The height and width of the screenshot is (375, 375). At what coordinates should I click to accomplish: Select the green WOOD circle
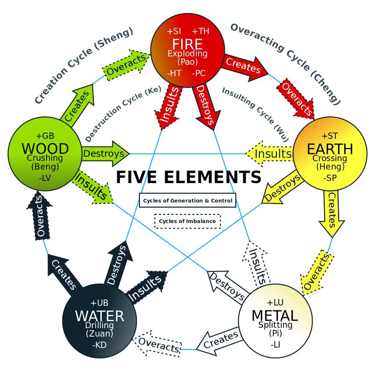click(45, 154)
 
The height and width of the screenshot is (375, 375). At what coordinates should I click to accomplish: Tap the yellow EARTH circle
click(330, 154)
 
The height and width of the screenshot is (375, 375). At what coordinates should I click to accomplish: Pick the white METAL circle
click(275, 321)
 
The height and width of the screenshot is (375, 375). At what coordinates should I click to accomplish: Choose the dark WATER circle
click(99, 321)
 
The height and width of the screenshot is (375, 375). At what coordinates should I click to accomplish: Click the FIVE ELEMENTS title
click(189, 177)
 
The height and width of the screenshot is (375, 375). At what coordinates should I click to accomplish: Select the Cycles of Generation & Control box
click(187, 200)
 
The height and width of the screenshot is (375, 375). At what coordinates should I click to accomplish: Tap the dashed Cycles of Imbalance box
click(187, 221)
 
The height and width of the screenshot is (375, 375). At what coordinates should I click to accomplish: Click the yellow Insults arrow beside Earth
click(271, 153)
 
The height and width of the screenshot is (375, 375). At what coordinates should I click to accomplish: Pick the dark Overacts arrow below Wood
click(40, 217)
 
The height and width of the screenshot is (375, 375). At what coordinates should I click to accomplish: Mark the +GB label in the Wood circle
click(45, 136)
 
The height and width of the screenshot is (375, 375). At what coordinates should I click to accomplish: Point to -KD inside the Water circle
click(99, 345)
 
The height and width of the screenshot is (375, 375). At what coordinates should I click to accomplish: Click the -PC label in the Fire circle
click(199, 73)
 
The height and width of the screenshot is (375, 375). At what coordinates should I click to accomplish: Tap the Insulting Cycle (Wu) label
click(256, 114)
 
